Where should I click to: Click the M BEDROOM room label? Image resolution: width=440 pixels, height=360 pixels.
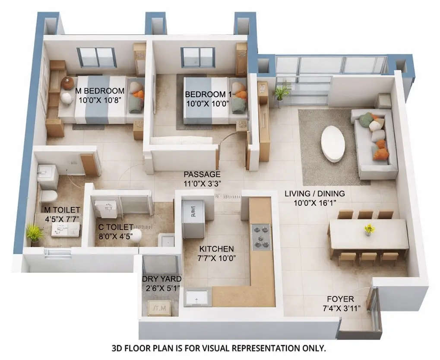[x=100, y=91]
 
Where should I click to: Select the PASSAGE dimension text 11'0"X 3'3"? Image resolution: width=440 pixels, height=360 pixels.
[x=202, y=183]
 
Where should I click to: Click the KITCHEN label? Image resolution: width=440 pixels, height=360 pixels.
[x=216, y=249]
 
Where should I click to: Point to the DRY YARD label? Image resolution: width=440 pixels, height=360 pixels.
[x=162, y=279]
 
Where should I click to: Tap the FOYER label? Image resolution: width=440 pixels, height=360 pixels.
[x=340, y=299]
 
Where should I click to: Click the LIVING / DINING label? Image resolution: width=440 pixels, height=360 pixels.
[x=314, y=194]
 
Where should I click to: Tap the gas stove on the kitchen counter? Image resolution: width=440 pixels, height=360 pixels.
[x=261, y=237]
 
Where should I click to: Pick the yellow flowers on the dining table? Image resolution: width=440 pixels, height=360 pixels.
[x=369, y=229]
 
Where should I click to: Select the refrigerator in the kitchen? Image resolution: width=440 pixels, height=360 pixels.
[x=192, y=218]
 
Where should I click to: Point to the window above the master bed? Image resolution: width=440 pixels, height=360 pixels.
[x=96, y=57]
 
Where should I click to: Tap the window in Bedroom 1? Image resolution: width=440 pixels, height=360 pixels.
[x=198, y=57]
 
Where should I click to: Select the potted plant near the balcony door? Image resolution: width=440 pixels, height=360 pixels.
[x=282, y=92]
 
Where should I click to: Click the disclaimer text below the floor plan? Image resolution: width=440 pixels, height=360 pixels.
[x=218, y=348]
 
